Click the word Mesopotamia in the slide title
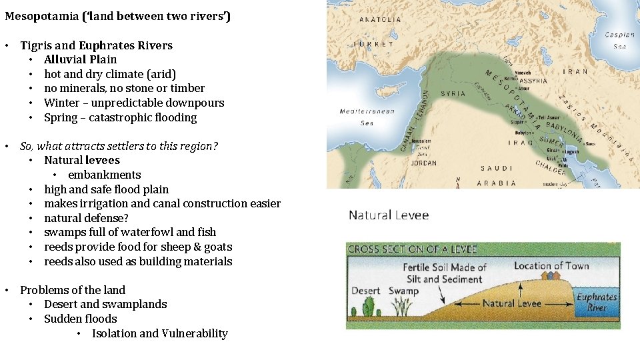coord(41,16)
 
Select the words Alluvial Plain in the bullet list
coord(80,59)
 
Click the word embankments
coord(104,175)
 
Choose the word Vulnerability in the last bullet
coord(195,333)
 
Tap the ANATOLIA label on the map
coord(381,19)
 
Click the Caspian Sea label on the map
coord(619,40)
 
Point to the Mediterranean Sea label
coord(367,117)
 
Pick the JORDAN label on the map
coord(424,163)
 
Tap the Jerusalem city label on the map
coord(421,141)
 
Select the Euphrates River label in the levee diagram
coord(596,302)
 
